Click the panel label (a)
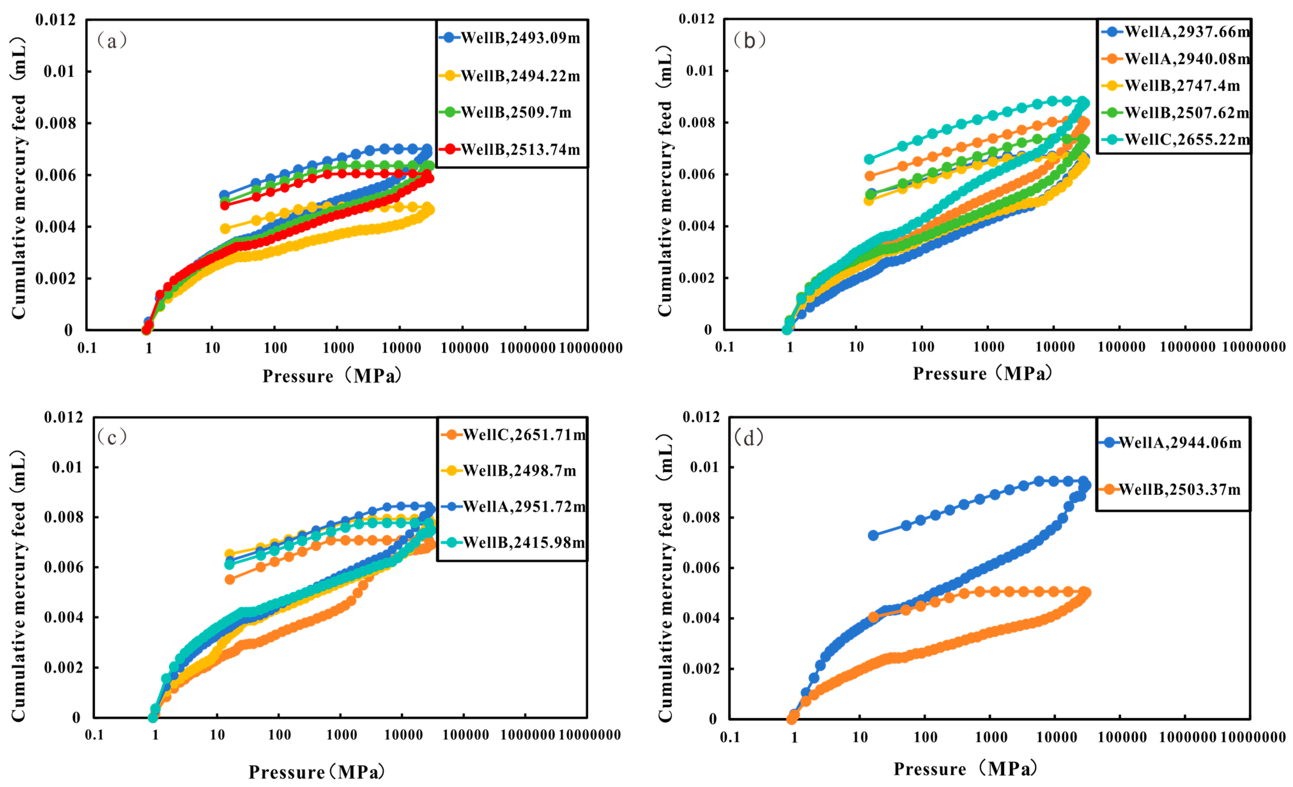pyautogui.click(x=112, y=40)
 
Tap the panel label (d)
pyautogui.click(x=749, y=437)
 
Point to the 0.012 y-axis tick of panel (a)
pyautogui.click(x=56, y=20)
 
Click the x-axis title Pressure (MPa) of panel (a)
pyautogui.click(x=333, y=376)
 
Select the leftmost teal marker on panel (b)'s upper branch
pyautogui.click(x=870, y=159)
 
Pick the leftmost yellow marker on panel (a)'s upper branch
pyautogui.click(x=225, y=228)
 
